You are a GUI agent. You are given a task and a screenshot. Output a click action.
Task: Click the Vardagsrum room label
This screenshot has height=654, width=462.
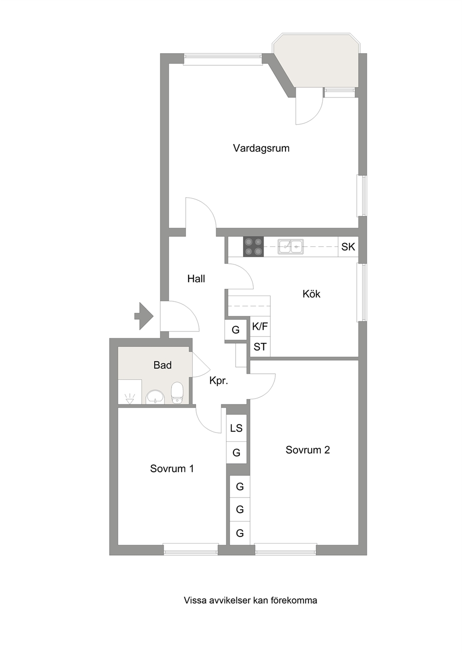click(261, 148)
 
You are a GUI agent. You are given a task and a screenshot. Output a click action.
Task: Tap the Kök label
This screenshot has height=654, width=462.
click(311, 294)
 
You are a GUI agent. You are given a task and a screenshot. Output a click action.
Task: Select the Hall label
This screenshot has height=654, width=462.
click(196, 279)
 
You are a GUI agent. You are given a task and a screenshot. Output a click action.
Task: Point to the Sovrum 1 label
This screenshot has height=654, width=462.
click(172, 468)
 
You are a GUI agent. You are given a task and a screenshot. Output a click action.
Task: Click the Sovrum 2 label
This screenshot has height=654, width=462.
click(308, 450)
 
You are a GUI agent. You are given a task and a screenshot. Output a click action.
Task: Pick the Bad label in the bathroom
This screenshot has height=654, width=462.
click(163, 365)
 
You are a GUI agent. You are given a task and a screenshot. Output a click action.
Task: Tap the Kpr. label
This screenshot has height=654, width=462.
click(218, 381)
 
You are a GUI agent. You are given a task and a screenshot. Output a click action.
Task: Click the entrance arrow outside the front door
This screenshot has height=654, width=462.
click(143, 316)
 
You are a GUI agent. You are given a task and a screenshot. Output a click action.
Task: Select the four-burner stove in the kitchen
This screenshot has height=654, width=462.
click(253, 247)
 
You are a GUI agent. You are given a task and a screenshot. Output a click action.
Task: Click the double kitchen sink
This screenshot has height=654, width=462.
click(291, 247)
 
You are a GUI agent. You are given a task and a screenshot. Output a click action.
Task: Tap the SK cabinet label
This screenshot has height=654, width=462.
click(348, 247)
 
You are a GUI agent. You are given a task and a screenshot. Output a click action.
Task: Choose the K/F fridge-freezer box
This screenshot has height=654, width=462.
click(260, 326)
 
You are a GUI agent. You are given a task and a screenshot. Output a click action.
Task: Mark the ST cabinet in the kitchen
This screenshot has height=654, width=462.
click(260, 347)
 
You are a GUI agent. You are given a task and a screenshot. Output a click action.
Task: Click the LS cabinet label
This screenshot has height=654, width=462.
click(236, 428)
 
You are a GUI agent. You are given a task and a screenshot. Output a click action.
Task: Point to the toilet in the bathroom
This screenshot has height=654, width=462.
click(177, 392)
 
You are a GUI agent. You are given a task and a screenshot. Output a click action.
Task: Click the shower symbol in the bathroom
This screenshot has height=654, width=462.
click(129, 399)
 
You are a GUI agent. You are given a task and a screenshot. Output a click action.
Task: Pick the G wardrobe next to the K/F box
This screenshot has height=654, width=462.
click(235, 330)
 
